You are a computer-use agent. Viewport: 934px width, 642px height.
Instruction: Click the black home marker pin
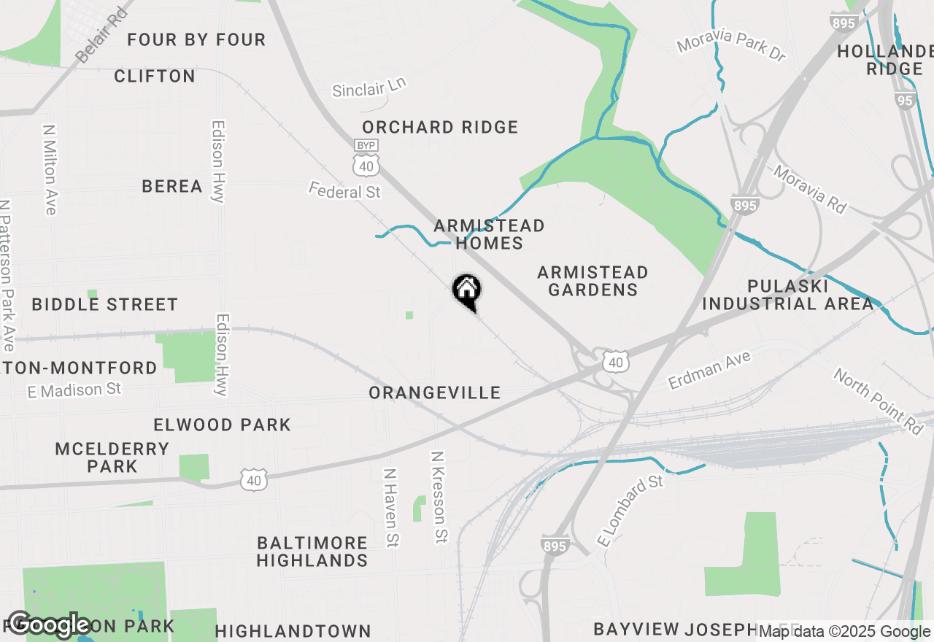[x=467, y=292]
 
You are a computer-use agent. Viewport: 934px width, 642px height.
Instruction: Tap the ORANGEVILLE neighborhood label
[x=434, y=393]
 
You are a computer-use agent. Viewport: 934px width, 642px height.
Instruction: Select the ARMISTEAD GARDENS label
[x=593, y=281]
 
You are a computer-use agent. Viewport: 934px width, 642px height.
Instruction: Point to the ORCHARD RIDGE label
[x=440, y=127]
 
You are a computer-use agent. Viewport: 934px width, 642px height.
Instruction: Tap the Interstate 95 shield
[x=905, y=100]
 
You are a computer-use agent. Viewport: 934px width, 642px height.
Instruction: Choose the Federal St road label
[x=344, y=191]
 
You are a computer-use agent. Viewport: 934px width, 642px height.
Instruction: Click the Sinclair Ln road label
[x=368, y=88]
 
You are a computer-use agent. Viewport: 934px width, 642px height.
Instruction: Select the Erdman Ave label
[x=709, y=371]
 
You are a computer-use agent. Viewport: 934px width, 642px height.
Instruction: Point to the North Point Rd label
[x=879, y=401]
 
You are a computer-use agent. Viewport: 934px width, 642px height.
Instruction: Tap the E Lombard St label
[x=630, y=511]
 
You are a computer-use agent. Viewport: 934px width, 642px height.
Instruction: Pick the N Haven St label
[x=391, y=508]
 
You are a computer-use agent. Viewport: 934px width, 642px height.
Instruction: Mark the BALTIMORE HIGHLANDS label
[x=312, y=552]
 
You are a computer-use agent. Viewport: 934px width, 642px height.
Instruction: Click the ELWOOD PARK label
[x=222, y=425]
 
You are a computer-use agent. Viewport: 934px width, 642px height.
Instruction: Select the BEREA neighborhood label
[x=172, y=187]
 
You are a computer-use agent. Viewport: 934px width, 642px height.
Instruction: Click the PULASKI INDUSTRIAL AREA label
[x=787, y=295]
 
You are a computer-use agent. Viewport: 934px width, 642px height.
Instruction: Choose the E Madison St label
[x=74, y=390]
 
